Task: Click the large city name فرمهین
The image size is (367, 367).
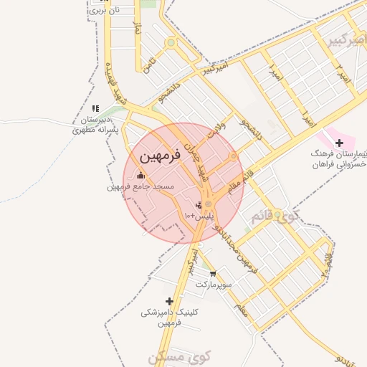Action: tap(153, 156)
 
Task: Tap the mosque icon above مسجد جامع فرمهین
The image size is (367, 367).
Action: tap(140, 175)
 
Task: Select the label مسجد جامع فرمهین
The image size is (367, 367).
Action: tap(140, 187)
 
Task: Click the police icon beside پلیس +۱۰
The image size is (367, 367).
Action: tap(198, 204)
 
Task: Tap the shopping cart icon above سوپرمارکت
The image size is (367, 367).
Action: tap(212, 273)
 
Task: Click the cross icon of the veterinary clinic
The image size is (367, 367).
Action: tap(169, 301)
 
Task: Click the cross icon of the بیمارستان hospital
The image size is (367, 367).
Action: tap(339, 143)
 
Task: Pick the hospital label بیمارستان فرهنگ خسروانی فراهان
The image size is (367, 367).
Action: tap(339, 159)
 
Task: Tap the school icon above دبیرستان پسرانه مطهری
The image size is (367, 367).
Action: tap(95, 108)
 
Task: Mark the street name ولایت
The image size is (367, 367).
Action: tap(216, 129)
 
